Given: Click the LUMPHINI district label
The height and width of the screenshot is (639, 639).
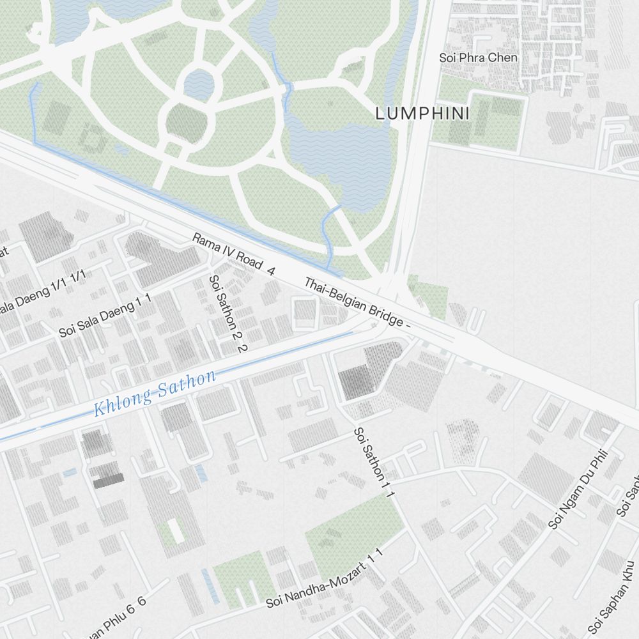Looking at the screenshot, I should [422, 114].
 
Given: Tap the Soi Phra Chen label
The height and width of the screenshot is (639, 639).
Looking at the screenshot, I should [478, 58].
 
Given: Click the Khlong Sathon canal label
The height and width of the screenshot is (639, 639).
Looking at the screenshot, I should [155, 392].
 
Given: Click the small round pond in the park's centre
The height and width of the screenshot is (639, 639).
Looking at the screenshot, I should [199, 83].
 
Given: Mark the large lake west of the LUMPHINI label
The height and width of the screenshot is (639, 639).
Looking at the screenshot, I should [339, 153].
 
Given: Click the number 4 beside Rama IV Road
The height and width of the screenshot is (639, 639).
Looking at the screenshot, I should [271, 271].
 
